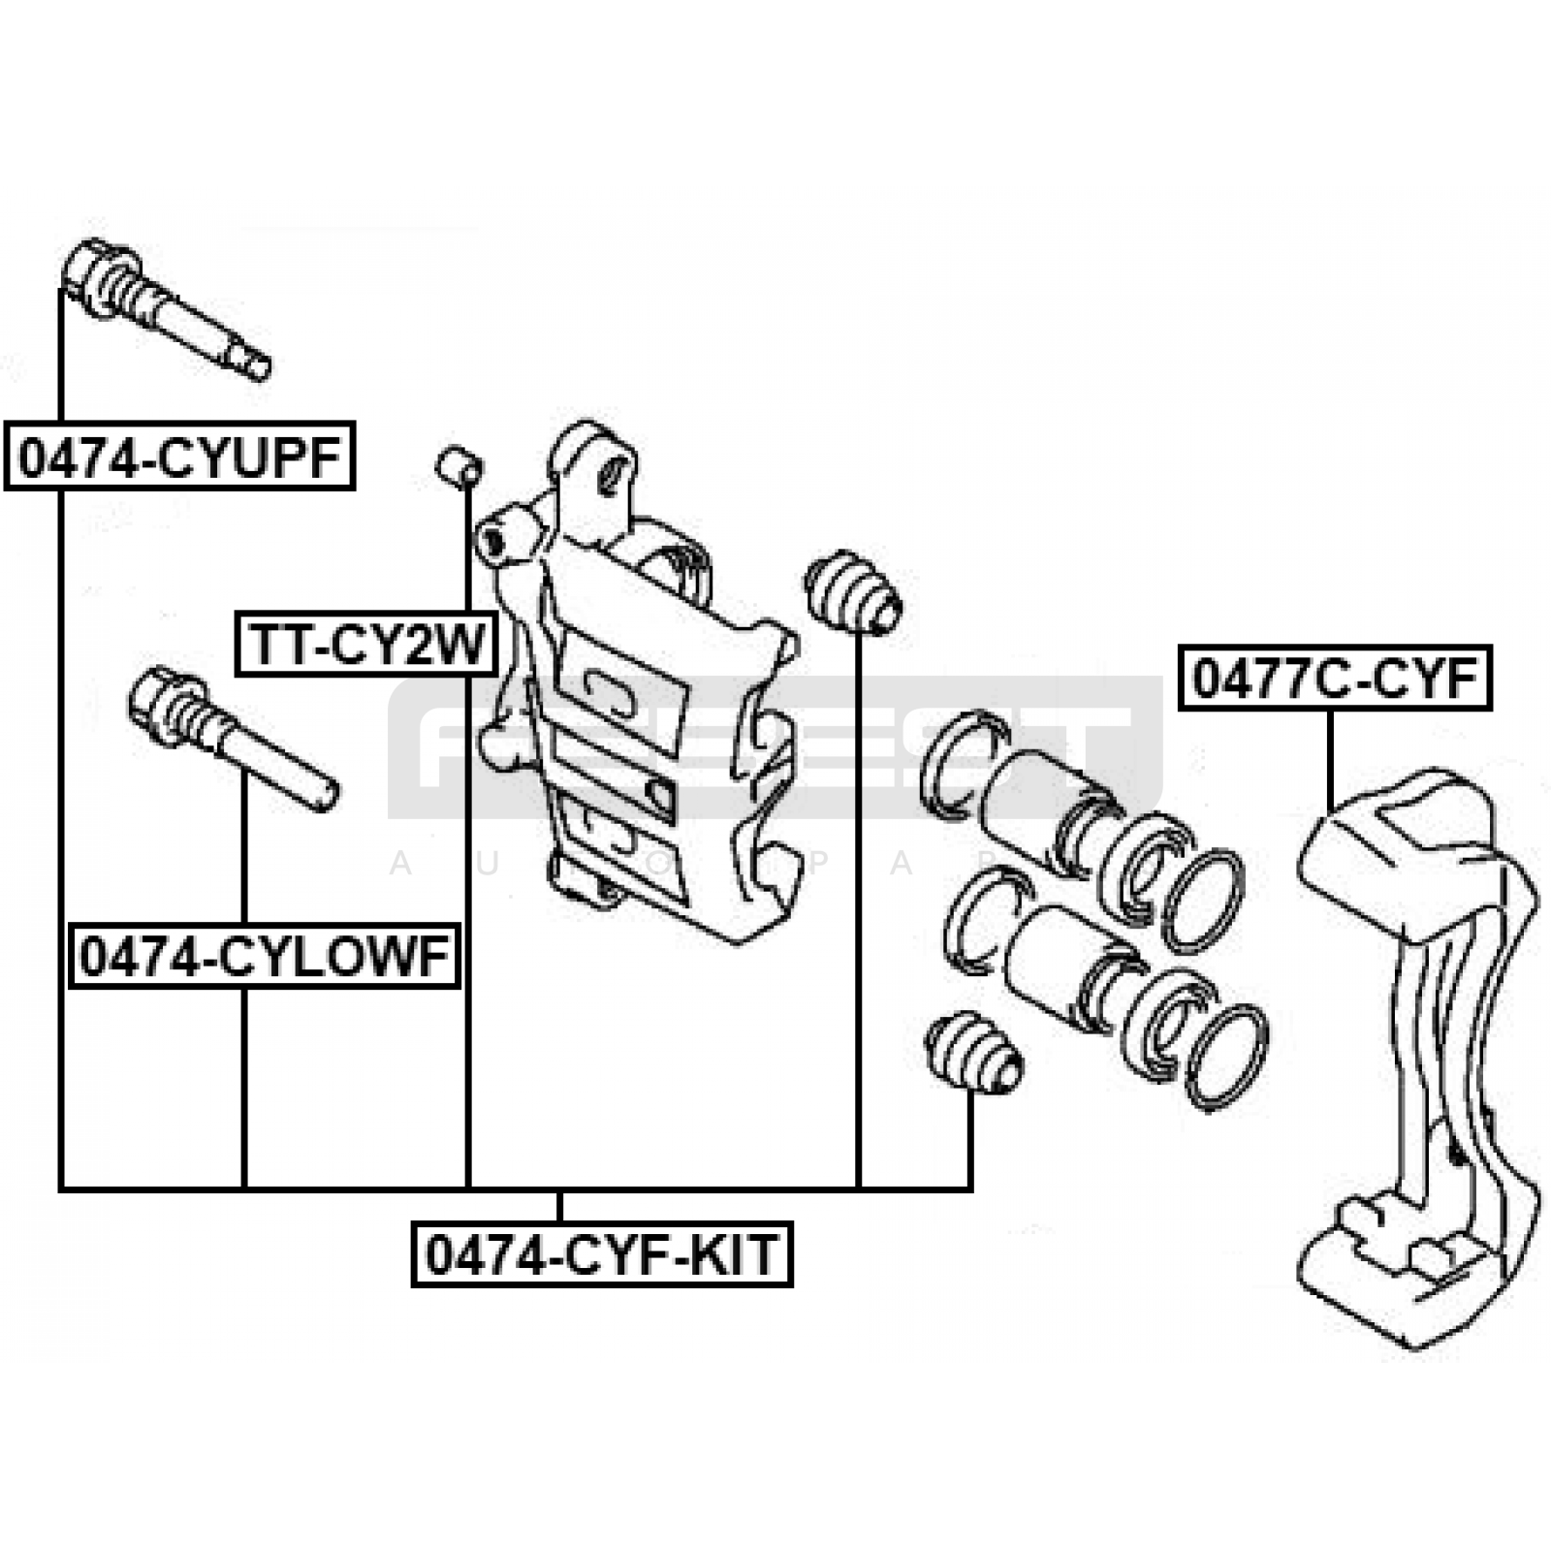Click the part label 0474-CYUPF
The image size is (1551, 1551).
[x=180, y=456]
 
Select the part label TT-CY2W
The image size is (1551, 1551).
[x=366, y=644]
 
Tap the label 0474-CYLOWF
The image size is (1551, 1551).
[x=264, y=956]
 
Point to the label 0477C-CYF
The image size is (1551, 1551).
[x=1334, y=678]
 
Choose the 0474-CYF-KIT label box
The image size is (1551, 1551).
[x=602, y=1254]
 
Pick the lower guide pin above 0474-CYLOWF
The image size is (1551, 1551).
[x=233, y=741]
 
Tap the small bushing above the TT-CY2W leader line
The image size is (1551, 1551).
[x=459, y=466]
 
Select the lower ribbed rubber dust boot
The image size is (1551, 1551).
[x=972, y=1053]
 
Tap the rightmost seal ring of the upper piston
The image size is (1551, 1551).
[x=1203, y=901]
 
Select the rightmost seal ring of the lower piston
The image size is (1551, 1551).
[x=1226, y=1057]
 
